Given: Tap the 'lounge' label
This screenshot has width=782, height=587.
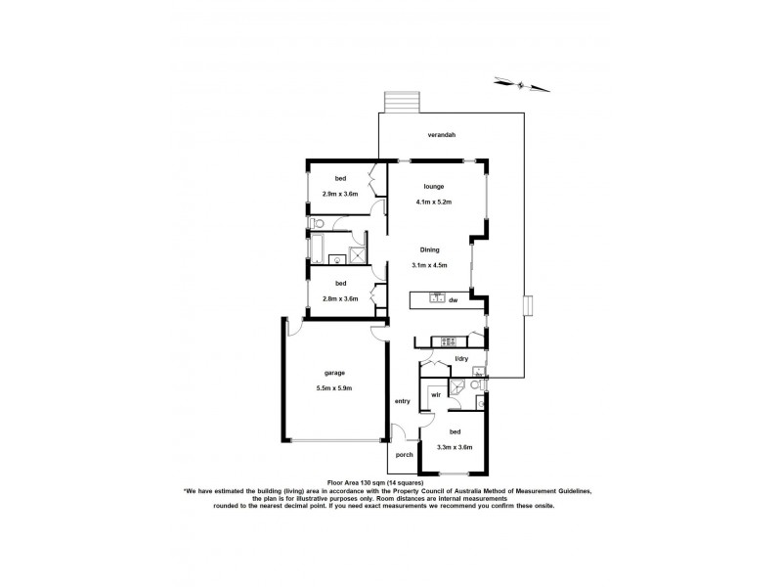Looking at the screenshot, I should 434,186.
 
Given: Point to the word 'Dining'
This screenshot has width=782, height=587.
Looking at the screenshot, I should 430,249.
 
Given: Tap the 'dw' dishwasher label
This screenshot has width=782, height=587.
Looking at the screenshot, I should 454,299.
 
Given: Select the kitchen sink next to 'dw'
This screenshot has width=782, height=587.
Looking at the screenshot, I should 437,297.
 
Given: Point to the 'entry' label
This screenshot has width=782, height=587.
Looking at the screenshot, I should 402,401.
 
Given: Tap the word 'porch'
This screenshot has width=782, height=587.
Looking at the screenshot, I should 404,455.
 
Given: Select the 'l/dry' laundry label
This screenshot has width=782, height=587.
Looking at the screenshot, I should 460,359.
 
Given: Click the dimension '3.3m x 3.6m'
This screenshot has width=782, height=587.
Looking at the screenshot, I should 456,448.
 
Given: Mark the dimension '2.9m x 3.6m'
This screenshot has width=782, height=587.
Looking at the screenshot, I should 340,195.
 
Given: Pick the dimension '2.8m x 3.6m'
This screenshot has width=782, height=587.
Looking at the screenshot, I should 340,298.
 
